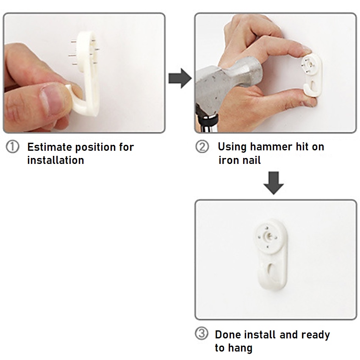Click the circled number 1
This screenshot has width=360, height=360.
coord(12,147)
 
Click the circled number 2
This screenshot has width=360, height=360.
coord(202,147)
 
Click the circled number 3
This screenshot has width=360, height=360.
coord(202,334)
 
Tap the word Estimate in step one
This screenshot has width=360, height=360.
coord(50,147)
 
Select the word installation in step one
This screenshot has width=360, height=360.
coord(56,160)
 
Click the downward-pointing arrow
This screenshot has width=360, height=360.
coord(274,183)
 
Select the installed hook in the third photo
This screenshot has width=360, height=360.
coord(271,254)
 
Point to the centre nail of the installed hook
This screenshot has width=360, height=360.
coord(268,235)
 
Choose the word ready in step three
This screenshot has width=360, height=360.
coord(316,335)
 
